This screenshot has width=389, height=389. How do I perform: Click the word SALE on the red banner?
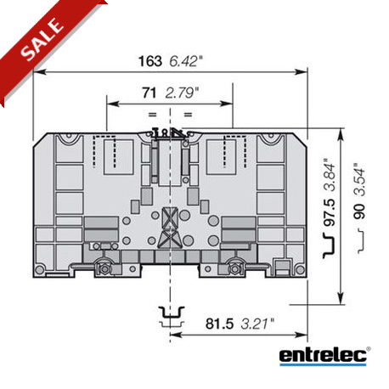[40, 41]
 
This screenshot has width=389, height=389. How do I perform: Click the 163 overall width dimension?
[150, 60]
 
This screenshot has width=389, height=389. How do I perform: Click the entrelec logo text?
[322, 355]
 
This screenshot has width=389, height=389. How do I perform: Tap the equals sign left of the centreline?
[153, 113]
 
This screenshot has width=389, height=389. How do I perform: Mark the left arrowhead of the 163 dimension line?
[38, 73]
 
